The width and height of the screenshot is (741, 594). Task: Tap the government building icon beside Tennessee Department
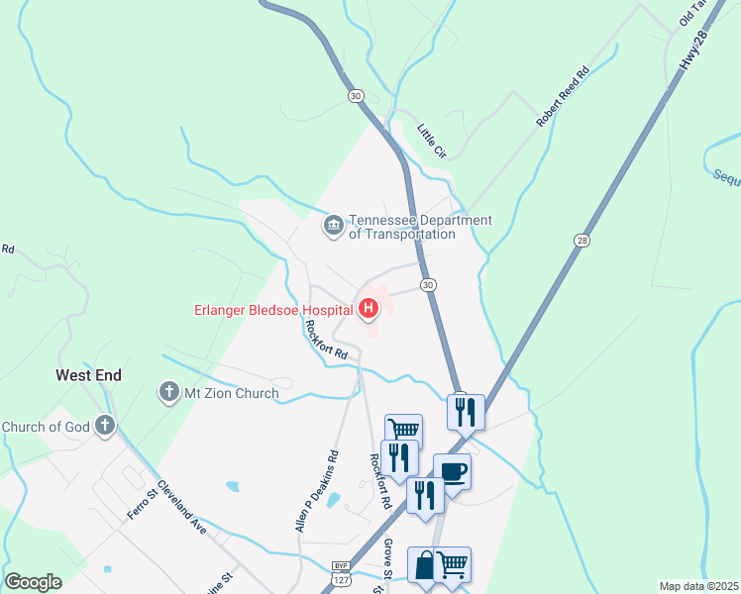[333, 227]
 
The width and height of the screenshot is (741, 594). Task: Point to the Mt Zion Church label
[232, 393]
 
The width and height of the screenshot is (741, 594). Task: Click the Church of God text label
[46, 427]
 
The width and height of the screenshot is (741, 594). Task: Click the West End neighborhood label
[88, 375]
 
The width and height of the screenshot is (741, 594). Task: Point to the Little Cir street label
[432, 140]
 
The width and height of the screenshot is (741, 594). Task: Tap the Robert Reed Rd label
[562, 96]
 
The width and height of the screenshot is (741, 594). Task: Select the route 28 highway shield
[582, 241]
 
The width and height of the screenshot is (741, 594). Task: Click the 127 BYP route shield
[341, 573]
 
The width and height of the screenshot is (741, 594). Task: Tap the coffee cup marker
[452, 471]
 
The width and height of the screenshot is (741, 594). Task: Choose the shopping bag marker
[424, 566]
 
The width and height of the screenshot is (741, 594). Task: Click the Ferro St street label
[142, 501]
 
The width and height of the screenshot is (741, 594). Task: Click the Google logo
[34, 581]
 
